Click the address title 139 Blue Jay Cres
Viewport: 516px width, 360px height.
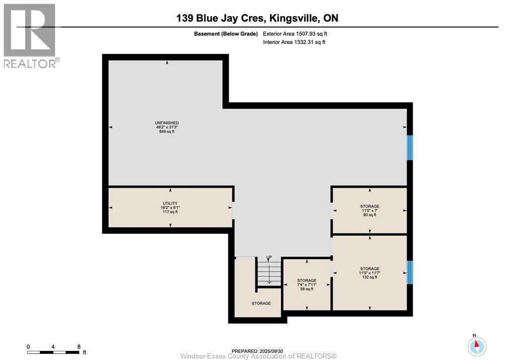point(257,18)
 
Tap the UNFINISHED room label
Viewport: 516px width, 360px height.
point(167,123)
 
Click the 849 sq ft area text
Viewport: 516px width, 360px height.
point(167,132)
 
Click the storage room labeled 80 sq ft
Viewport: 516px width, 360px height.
point(369,210)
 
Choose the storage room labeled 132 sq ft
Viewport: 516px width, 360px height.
point(369,273)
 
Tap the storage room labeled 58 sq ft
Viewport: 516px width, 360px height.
point(306,284)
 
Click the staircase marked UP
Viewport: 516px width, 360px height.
point(269,272)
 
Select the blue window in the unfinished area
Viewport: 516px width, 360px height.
point(410,147)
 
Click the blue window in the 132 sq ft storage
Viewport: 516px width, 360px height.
point(410,272)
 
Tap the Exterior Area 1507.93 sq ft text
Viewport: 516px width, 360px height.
point(298,34)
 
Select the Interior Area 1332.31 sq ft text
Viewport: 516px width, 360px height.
point(294,42)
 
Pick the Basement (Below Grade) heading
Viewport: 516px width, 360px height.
point(226,34)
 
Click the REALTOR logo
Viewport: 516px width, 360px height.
point(30,35)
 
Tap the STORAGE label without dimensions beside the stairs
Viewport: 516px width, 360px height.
point(261,303)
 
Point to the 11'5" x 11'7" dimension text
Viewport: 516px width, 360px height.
point(369,273)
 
